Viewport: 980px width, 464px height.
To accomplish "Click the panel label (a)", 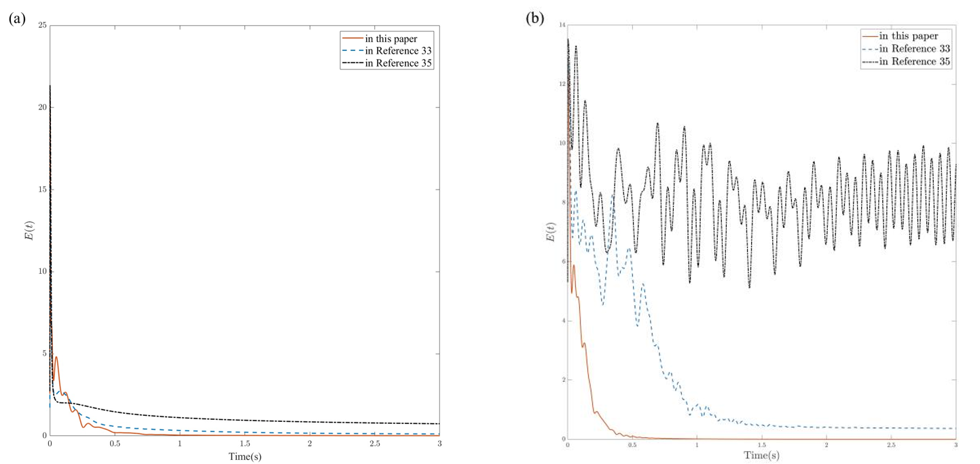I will point(17,19).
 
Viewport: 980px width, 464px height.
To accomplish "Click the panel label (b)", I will point(535,19).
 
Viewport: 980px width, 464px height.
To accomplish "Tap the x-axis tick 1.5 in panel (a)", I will point(244,443).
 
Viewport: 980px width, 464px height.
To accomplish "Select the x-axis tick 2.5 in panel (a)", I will point(374,443).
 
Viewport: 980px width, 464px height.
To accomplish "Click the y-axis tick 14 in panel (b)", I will point(562,25).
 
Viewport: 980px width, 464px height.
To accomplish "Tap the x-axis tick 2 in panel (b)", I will point(827,445).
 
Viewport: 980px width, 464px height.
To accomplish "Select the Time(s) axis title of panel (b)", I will point(761,456).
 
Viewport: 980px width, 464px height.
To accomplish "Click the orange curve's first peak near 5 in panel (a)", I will point(56,357).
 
